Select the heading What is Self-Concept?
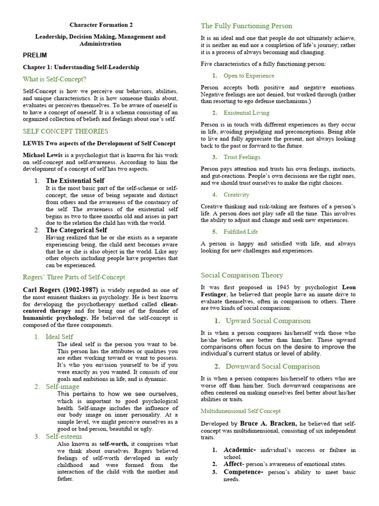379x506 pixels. [x=54, y=79]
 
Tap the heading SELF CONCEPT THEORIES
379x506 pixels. [x=66, y=131]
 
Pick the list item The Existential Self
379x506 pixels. [x=76, y=181]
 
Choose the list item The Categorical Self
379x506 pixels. [x=76, y=230]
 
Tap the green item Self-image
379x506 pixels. [x=63, y=386]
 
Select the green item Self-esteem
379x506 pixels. [x=64, y=437]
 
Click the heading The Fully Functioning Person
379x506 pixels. [x=246, y=26]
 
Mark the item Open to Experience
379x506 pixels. [x=249, y=76]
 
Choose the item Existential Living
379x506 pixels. [x=246, y=113]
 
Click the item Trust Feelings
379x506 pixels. [x=242, y=157]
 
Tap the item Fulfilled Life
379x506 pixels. [x=241, y=232]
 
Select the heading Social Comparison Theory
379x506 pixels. [x=242, y=275]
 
